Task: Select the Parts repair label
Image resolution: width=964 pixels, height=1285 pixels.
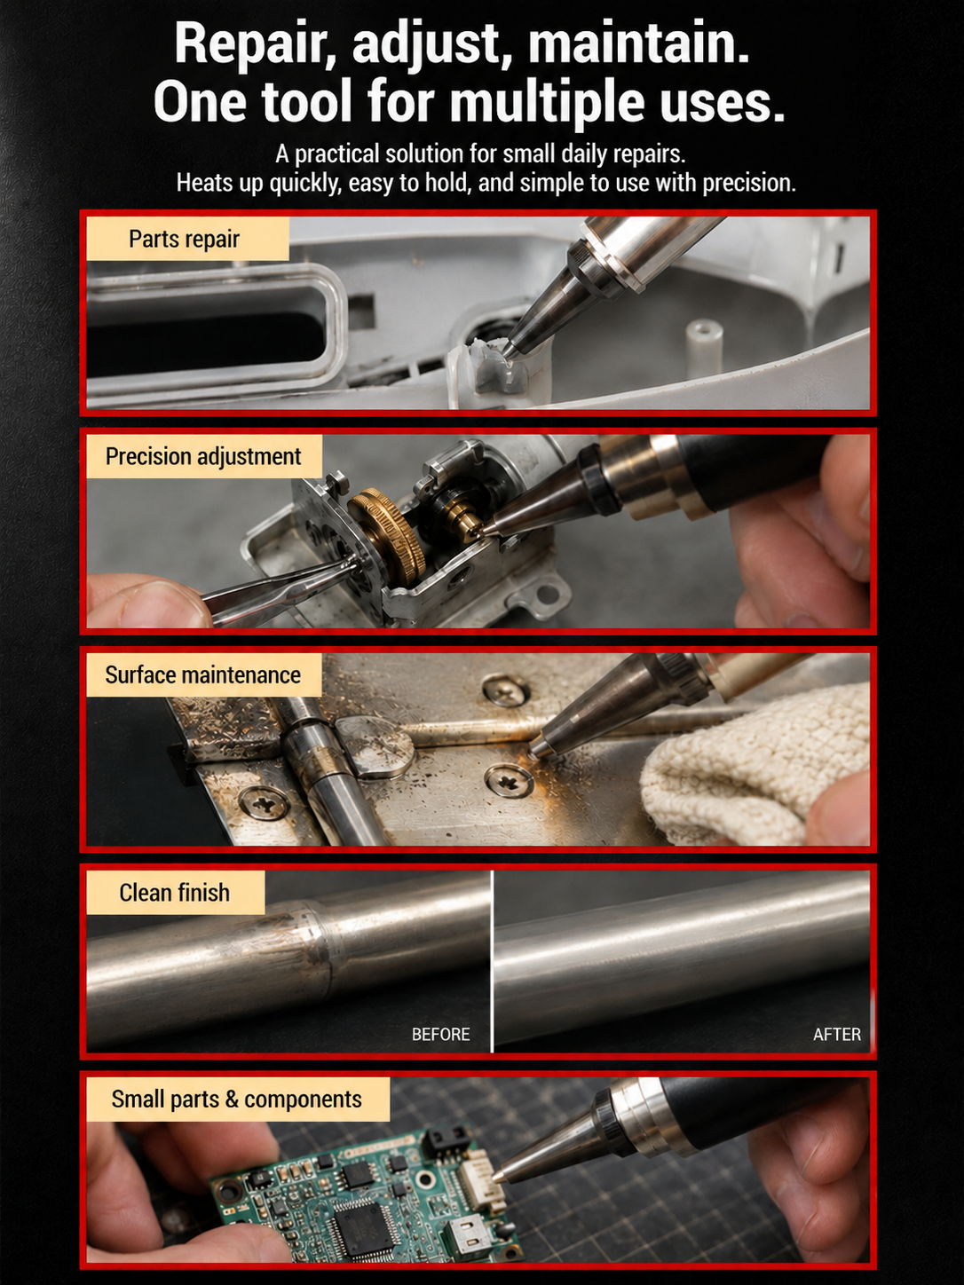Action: pos(187,239)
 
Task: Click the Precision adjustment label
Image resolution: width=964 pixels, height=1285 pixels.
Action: pos(203,457)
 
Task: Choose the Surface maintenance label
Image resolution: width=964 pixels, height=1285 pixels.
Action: pos(203,674)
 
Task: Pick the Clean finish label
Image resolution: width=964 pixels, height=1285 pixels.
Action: pos(175,893)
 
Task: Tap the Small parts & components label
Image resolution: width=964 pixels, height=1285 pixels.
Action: pos(238,1100)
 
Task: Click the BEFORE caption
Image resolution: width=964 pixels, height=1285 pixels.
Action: pos(441,1035)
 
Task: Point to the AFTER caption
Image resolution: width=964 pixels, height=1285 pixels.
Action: pos(837,1035)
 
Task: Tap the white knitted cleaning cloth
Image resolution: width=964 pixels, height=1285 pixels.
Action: pos(755,761)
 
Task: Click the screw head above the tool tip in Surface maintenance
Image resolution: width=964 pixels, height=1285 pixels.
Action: pos(506,692)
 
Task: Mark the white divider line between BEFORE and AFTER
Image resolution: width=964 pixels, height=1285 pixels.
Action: pos(493,961)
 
